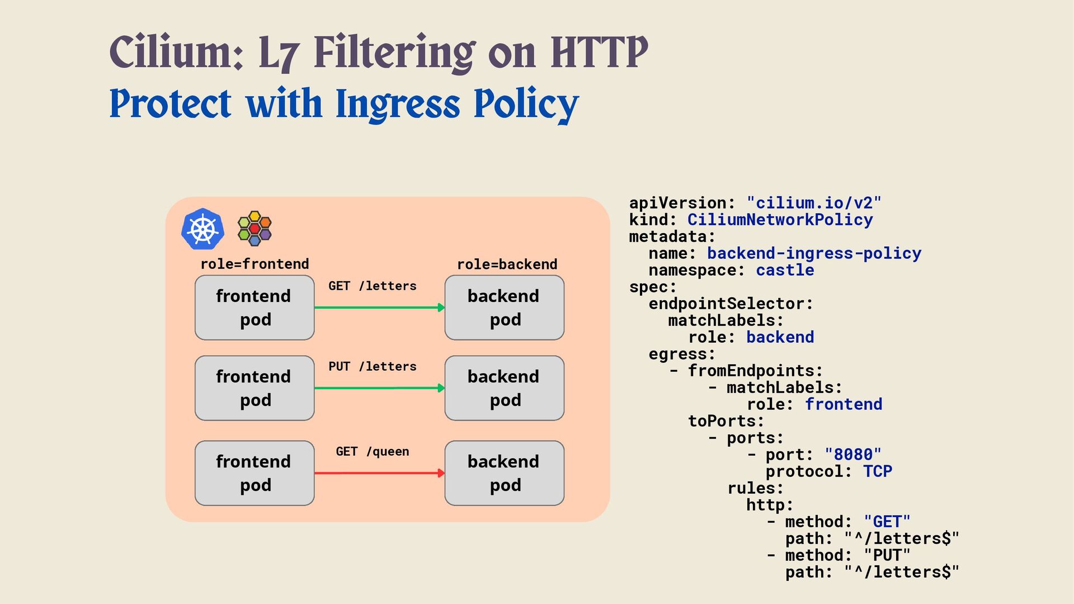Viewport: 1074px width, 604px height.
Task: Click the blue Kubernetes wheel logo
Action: (x=202, y=229)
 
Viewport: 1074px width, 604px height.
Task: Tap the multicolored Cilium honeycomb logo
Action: (x=255, y=229)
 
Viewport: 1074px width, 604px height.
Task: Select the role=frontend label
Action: (x=255, y=264)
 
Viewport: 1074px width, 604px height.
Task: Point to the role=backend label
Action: (x=507, y=265)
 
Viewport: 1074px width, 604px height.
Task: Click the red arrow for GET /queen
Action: (x=379, y=473)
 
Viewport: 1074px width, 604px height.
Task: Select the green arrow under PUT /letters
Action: (x=379, y=388)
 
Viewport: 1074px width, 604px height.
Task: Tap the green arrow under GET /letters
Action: (x=379, y=308)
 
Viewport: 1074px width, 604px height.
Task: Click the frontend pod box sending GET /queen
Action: (x=255, y=473)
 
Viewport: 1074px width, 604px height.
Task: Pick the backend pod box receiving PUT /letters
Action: (x=504, y=388)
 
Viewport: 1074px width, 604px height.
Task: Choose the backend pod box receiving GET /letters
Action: (x=504, y=308)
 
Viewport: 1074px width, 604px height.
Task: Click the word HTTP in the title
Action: (x=599, y=52)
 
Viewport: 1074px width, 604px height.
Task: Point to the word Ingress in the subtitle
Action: (x=398, y=105)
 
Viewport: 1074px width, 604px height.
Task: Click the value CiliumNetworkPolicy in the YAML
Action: (x=780, y=220)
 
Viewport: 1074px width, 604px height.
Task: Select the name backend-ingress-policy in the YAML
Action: (x=814, y=253)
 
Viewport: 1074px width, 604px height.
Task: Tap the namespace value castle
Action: (x=785, y=270)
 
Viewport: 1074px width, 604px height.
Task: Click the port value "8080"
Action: (x=852, y=455)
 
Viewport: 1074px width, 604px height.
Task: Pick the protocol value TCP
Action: (x=877, y=471)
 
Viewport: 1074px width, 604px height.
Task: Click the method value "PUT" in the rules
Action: (x=887, y=555)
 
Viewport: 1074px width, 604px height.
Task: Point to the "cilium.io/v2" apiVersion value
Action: (x=814, y=203)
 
